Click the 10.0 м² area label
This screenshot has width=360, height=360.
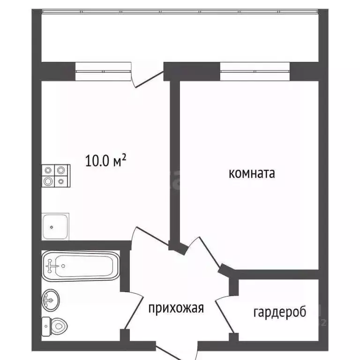pos(106,161)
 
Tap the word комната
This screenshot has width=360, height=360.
pos(251,173)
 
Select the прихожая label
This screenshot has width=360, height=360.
pos(176,308)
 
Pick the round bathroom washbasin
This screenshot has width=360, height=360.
pos(50,299)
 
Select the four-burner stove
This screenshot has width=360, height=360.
pos(56,176)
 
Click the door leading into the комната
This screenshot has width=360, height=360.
pos(204,253)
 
